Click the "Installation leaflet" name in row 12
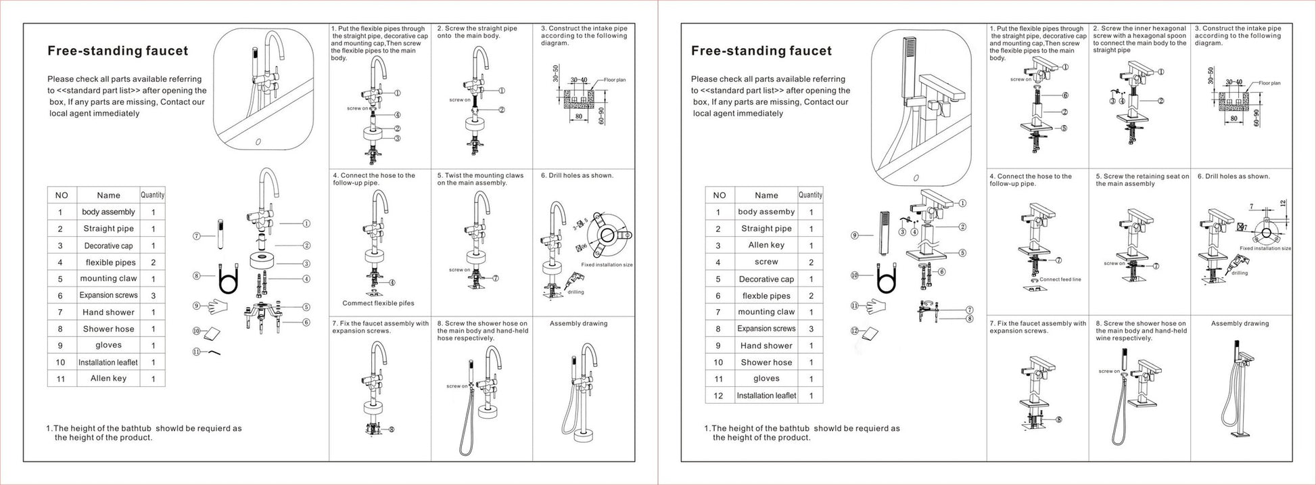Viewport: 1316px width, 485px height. pos(766,396)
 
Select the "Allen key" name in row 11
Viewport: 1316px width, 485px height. pos(108,379)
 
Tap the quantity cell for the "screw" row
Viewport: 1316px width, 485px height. pos(811,262)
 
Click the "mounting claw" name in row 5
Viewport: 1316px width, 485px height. pos(108,279)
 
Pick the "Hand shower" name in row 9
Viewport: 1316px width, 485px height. pos(766,346)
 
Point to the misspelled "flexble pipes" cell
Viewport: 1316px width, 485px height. pos(766,296)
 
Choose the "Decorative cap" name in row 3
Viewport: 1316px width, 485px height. pos(108,246)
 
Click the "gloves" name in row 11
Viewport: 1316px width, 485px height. pos(766,379)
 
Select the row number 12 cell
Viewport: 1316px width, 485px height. pos(719,396)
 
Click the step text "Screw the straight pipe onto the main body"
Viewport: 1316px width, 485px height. pos(477,32)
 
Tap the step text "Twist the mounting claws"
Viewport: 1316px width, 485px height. pos(480,179)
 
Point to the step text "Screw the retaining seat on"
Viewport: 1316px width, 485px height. pos(1142,180)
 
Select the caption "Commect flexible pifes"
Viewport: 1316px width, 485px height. pos(378,303)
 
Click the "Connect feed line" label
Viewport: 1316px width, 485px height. pos(1060,279)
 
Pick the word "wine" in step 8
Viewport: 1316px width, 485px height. pos(1104,338)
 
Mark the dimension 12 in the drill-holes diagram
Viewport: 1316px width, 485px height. pos(1283,203)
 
